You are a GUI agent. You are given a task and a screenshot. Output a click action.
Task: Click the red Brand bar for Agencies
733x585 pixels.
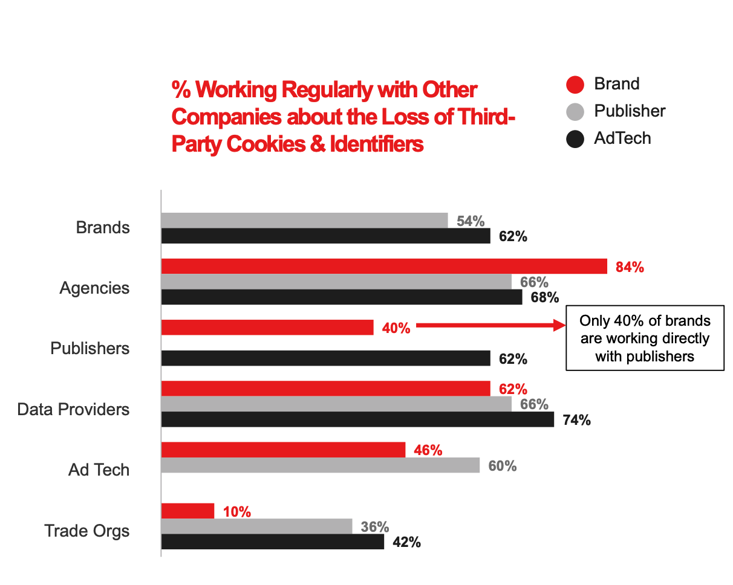pos(384,266)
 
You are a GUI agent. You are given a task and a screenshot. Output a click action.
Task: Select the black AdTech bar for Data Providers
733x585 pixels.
pos(357,419)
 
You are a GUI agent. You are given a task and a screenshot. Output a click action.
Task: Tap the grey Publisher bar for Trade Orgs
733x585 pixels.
pos(257,526)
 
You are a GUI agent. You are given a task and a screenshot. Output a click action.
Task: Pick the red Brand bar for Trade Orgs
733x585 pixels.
pos(188,511)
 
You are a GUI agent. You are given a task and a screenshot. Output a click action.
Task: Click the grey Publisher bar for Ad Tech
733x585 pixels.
pos(321,465)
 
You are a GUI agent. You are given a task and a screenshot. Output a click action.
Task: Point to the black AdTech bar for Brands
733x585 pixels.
pos(326,236)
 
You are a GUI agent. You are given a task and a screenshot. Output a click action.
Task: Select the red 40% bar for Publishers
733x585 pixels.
pos(267,328)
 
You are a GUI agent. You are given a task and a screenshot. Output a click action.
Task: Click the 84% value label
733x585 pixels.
pos(630,267)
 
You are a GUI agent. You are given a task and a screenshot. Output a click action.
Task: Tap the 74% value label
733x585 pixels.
pos(576,420)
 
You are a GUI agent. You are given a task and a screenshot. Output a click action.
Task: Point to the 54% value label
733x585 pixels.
pos(471,221)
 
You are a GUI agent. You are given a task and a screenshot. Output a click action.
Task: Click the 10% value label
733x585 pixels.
pos(236,511)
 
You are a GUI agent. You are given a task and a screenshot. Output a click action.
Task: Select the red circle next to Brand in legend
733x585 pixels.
pos(575,85)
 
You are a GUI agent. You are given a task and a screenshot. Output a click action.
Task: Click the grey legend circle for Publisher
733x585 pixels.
pos(575,112)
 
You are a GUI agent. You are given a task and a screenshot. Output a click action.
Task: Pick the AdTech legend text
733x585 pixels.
pos(622,138)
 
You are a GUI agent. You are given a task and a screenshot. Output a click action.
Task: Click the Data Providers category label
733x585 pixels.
pos(73,410)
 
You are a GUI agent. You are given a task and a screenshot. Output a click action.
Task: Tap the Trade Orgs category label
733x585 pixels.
pos(87,531)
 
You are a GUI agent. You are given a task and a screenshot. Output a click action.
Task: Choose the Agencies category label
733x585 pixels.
pos(94,288)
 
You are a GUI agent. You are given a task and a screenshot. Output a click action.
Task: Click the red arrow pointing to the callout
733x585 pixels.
pos(490,326)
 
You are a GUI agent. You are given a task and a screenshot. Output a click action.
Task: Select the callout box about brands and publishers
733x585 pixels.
pos(645,338)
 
